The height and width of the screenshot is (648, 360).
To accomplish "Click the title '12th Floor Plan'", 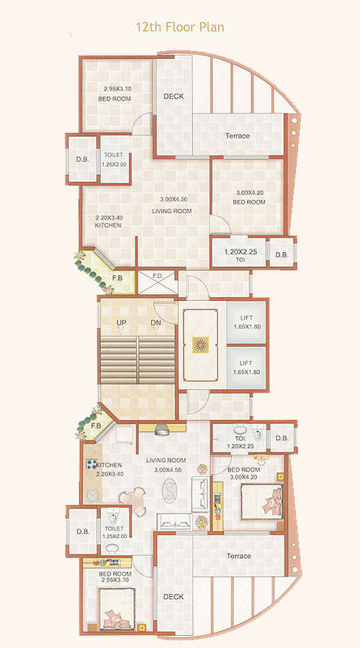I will [180, 27].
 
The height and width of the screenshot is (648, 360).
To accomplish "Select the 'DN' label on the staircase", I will [155, 323].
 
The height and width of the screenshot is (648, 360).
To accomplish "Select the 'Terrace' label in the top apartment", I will [237, 136].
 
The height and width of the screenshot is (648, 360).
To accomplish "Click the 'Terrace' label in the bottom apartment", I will [238, 556].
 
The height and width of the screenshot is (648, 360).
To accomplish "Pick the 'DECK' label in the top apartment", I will [173, 96].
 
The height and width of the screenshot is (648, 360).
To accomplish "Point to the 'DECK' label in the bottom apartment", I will [173, 597].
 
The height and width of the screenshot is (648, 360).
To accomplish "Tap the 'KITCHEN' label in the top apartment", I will [108, 225].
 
